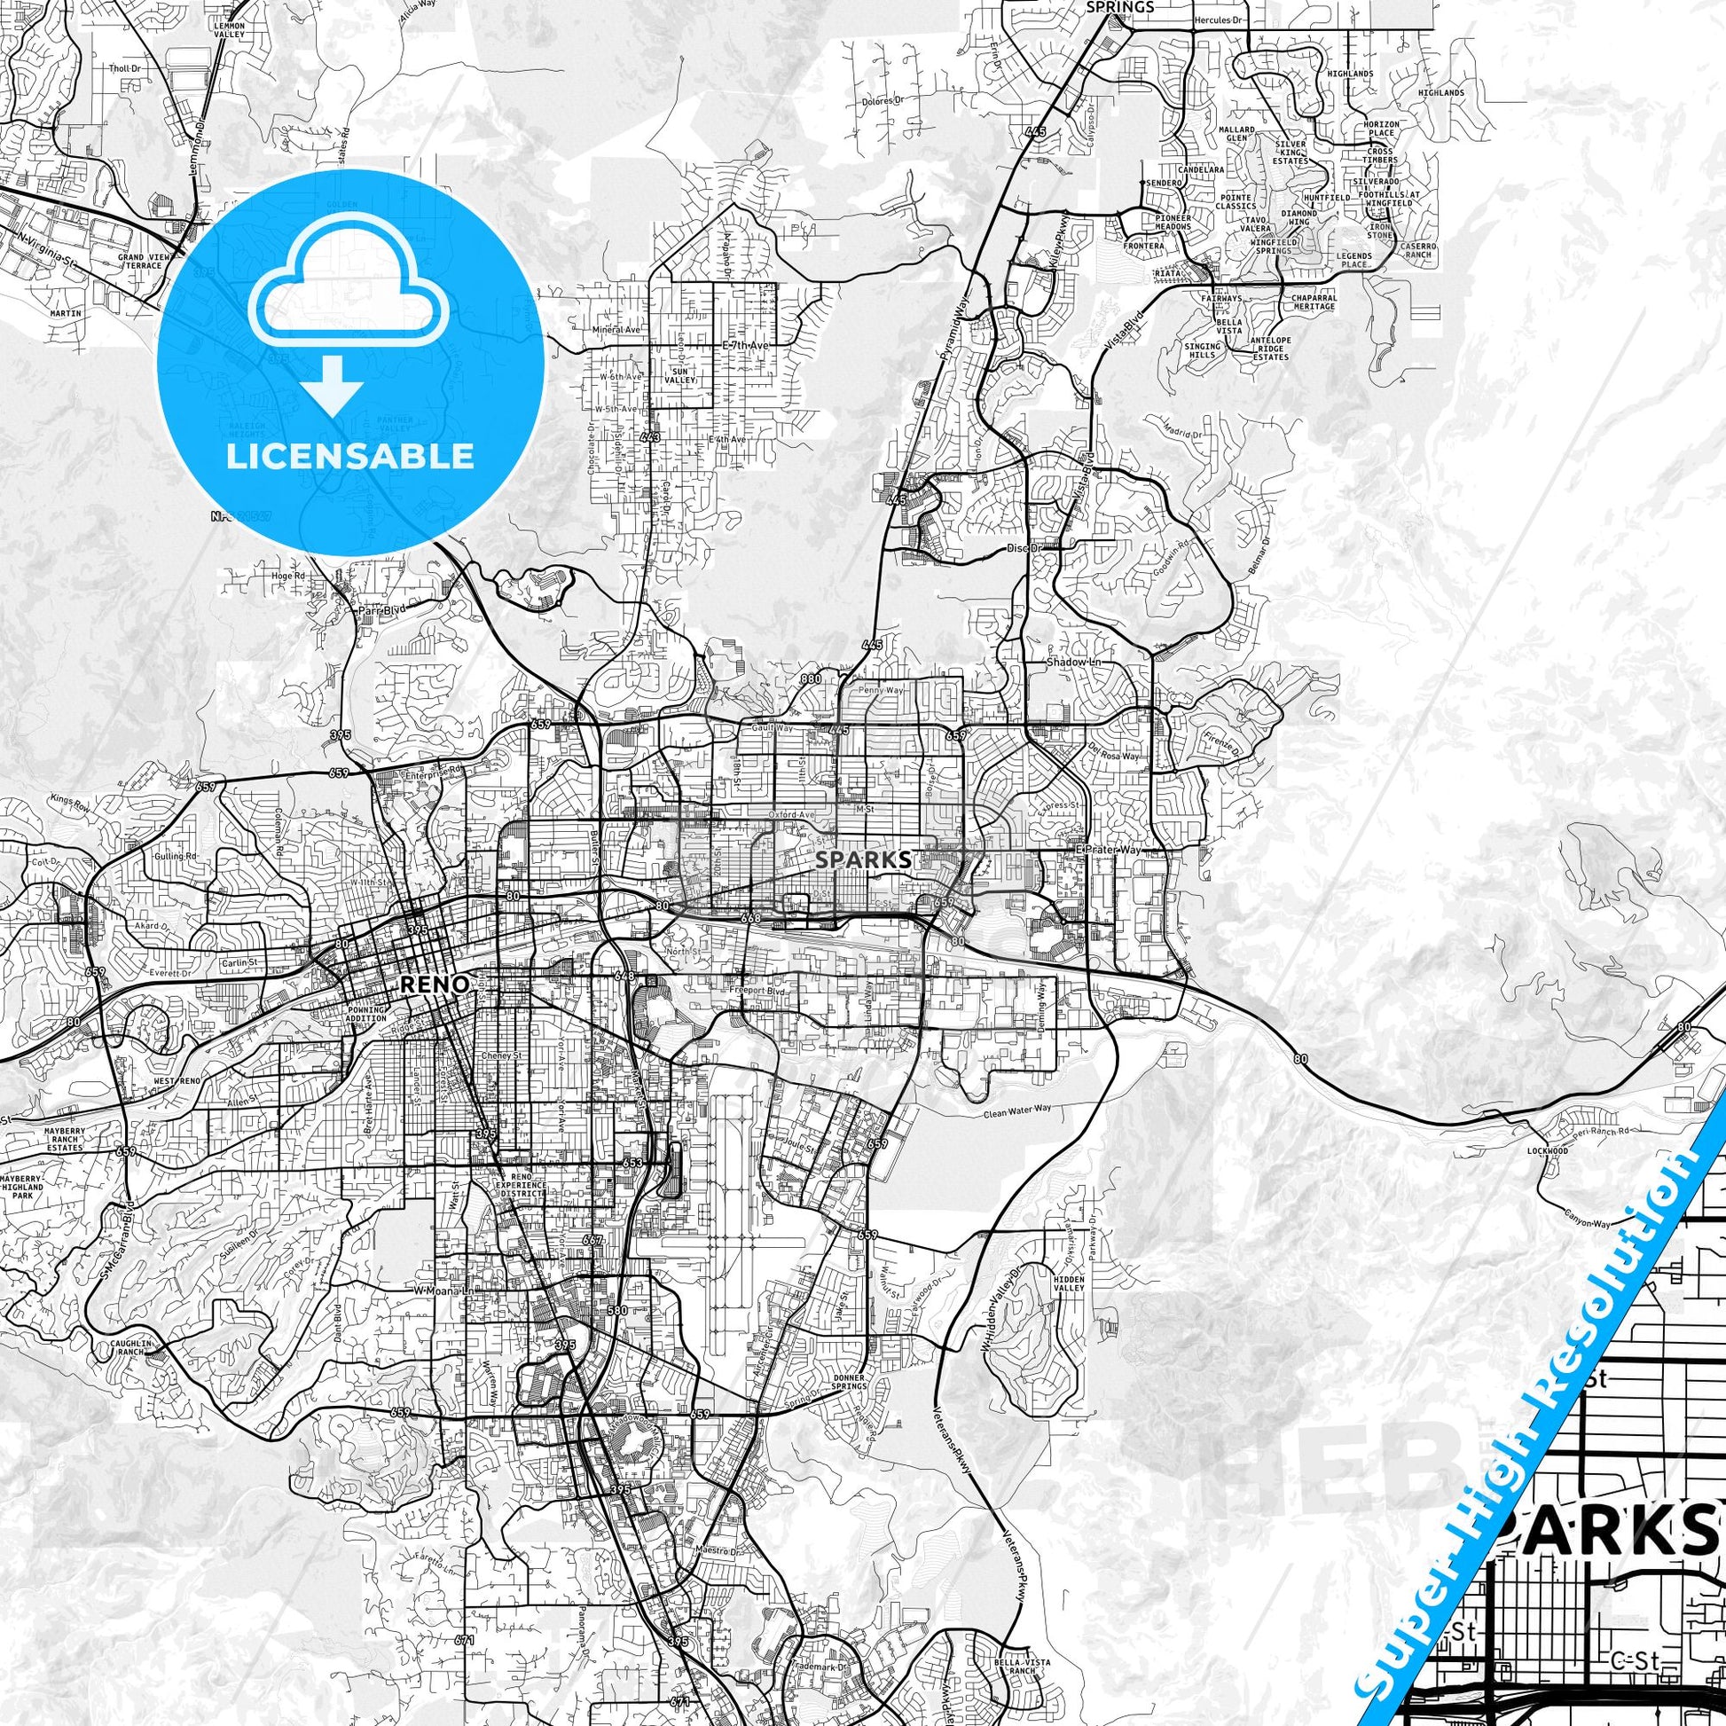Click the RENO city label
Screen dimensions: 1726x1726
435,984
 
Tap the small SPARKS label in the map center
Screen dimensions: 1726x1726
863,859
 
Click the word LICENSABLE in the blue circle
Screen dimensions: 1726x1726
349,456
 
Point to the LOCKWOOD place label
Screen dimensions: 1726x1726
1549,1150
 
